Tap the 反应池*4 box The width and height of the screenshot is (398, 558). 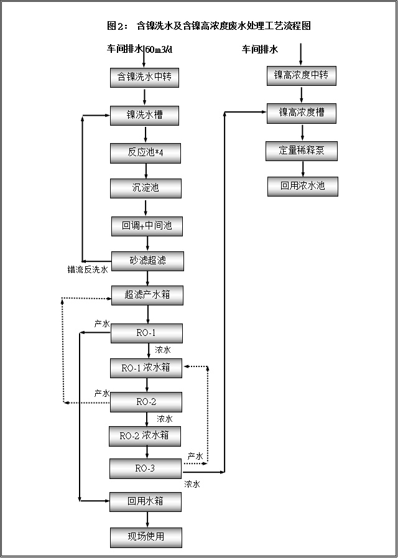(146, 152)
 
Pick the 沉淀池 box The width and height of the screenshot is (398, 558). (146, 188)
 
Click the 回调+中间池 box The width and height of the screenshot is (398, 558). (147, 226)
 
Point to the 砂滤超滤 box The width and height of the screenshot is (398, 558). (147, 261)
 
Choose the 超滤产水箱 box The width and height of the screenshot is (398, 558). (147, 295)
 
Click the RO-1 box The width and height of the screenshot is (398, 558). (147, 333)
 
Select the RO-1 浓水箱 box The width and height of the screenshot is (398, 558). (146, 368)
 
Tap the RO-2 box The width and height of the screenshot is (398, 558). (146, 402)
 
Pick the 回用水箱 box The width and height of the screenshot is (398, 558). (146, 501)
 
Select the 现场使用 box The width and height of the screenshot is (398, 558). (146, 537)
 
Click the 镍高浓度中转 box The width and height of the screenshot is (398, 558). (302, 76)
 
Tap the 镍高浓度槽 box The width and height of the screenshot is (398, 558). (302, 113)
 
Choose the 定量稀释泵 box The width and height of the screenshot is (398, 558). (302, 151)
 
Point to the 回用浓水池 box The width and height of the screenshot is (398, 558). (302, 186)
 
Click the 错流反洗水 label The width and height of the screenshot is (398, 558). (88, 270)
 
